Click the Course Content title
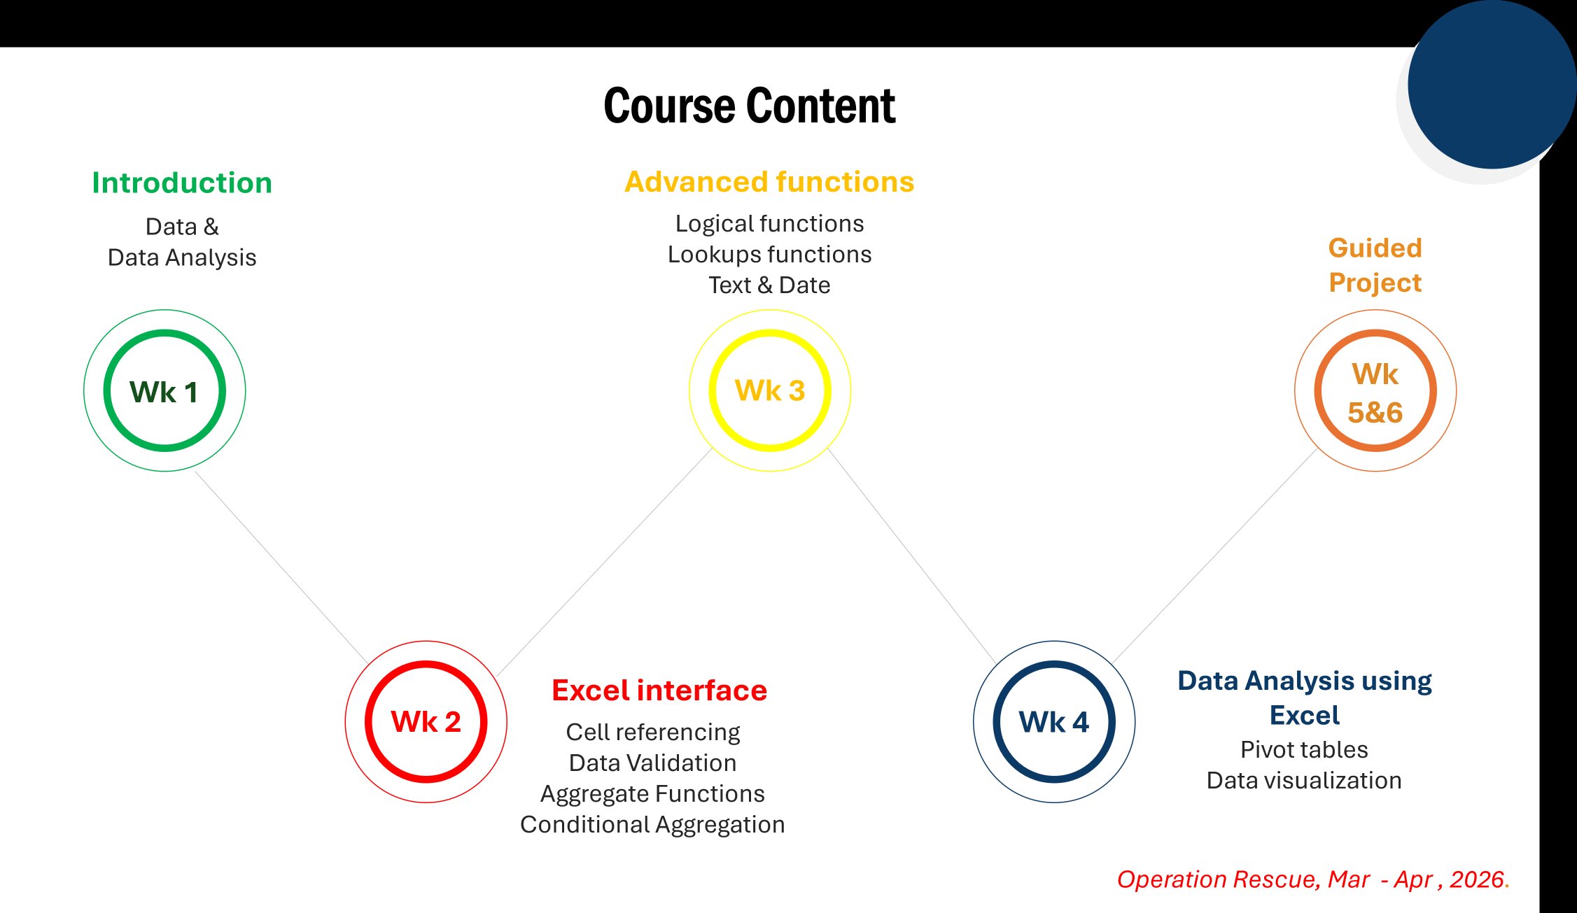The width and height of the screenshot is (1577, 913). point(749,106)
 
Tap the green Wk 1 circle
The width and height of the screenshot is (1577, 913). point(164,390)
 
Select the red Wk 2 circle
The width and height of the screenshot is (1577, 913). point(426,721)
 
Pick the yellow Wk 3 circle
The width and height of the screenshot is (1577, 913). point(769,390)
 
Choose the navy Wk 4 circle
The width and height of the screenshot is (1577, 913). point(1053,721)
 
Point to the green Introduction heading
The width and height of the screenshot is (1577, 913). point(182,183)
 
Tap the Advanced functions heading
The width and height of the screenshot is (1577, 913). point(769,182)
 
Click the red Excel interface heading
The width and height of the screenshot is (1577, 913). point(659,691)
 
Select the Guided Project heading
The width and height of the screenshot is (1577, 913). point(1375,266)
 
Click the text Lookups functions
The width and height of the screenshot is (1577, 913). point(769,255)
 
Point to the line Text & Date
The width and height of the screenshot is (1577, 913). point(769,285)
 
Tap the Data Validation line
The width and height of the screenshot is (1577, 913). point(652,763)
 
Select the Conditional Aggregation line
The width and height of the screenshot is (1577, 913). point(652,825)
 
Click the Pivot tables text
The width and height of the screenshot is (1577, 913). point(1304,750)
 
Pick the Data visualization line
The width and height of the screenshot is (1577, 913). point(1304,781)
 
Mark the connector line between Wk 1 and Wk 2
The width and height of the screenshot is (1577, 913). point(281,567)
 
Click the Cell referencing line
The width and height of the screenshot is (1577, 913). point(652,732)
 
